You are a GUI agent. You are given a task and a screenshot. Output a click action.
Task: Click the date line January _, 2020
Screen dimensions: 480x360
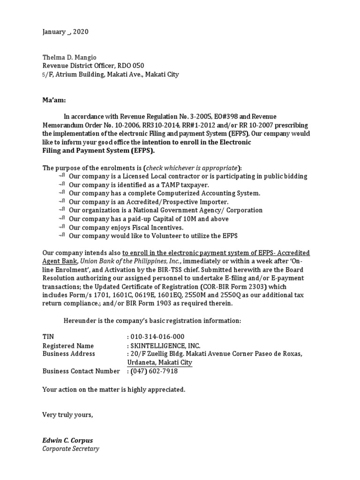click(x=65, y=32)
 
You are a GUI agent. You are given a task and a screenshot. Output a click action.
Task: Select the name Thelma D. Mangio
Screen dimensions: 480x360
click(x=69, y=57)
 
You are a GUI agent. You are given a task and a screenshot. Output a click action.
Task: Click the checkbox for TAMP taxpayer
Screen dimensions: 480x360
click(x=62, y=185)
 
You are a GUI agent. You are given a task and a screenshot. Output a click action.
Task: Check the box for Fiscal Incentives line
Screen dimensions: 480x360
click(x=62, y=227)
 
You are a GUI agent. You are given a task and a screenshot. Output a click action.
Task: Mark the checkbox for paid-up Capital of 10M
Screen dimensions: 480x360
click(x=62, y=218)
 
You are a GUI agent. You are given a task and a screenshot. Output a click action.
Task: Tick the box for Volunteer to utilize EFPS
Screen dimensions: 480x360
click(x=62, y=235)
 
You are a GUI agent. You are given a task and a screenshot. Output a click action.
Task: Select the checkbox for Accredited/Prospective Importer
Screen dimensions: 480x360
click(x=62, y=202)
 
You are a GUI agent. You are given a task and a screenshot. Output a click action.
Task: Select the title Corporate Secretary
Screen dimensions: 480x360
click(x=70, y=449)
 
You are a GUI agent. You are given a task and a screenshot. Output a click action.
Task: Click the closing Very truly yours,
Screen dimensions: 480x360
click(x=67, y=415)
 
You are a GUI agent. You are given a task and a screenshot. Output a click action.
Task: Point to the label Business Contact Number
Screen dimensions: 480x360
click(x=81, y=371)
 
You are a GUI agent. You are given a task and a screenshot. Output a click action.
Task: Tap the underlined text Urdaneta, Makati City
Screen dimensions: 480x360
click(x=159, y=363)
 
